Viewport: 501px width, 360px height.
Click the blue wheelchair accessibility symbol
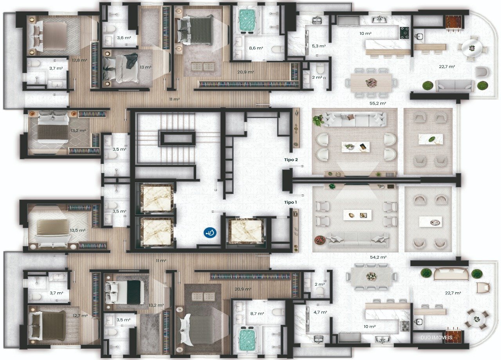tap(210, 233)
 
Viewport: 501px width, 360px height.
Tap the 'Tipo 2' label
tap(291, 160)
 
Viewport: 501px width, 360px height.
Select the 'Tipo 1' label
tap(290, 202)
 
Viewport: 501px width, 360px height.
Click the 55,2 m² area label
tap(378, 103)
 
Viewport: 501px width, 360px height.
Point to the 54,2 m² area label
tap(378, 257)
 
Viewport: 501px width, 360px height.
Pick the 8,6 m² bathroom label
tap(256, 48)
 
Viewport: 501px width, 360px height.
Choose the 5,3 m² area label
tap(319, 46)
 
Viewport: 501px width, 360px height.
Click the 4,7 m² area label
tap(320, 312)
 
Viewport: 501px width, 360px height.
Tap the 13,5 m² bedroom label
tap(78, 230)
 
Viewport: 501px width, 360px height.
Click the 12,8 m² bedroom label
tap(79, 60)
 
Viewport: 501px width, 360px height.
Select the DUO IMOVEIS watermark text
tap(436, 338)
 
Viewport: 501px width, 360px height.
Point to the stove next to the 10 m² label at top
tap(404, 32)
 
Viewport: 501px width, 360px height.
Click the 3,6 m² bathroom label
tap(124, 38)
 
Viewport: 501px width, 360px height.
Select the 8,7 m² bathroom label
tap(257, 313)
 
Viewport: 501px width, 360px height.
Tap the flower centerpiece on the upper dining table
tap(371, 83)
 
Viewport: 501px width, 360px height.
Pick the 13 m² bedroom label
tap(146, 67)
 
